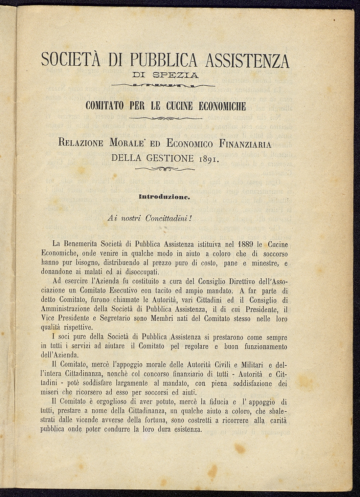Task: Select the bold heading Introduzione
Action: click(x=165, y=196)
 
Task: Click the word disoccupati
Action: click(x=135, y=272)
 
